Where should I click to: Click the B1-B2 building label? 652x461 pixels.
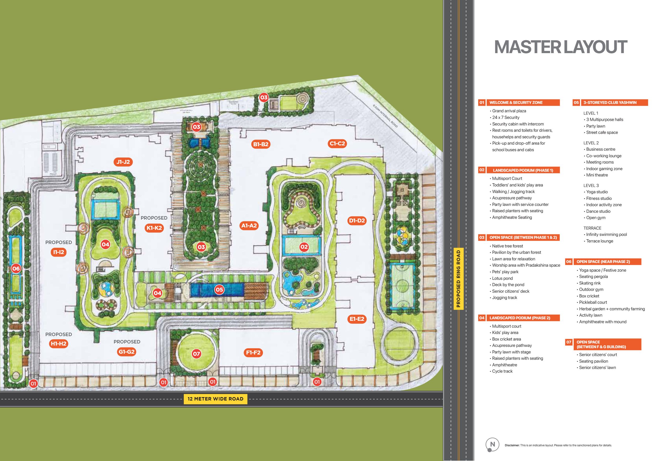pos(261,144)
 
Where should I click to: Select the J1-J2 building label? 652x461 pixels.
pos(123,162)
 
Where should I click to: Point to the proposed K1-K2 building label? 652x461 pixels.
pos(154,228)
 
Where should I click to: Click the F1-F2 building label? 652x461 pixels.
pos(253,353)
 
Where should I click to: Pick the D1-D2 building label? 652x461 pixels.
pos(357,221)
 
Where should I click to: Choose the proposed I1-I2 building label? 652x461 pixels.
pos(59,252)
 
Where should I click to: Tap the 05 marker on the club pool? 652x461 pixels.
pos(219,290)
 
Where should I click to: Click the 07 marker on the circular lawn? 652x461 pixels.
pos(196,354)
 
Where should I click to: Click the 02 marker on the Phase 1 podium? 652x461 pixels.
pos(304,247)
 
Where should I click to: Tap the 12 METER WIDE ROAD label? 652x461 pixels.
pos(215,399)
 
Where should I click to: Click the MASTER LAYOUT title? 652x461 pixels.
pos(560,47)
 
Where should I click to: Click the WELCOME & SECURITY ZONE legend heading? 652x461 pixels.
pos(516,103)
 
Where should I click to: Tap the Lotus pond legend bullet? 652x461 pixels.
pos(502,278)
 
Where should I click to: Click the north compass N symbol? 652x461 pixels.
pos(492,444)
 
